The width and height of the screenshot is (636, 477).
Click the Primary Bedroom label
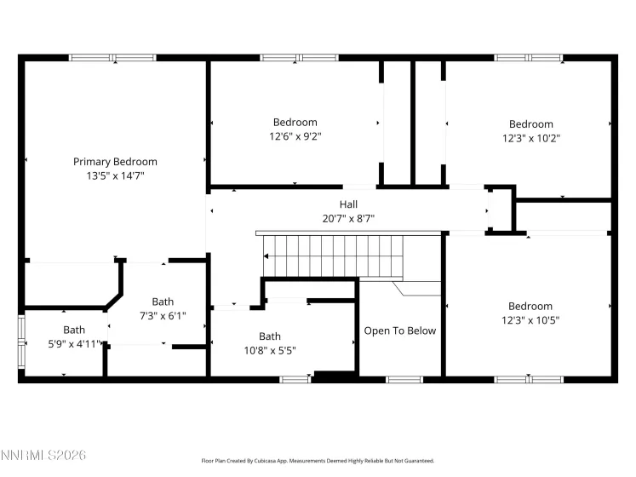(x=115, y=162)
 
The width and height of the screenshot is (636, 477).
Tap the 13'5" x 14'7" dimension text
(x=115, y=176)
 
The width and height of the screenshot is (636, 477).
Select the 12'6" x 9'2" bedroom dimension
(x=295, y=136)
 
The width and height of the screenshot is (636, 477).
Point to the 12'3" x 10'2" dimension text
(x=531, y=138)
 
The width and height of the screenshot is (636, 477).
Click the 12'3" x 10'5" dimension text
(x=530, y=320)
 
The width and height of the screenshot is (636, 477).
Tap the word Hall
(x=348, y=204)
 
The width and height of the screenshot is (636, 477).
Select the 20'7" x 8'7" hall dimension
(x=348, y=219)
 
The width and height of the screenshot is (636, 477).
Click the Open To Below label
(x=399, y=330)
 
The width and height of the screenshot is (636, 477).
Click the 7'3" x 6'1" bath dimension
(x=163, y=315)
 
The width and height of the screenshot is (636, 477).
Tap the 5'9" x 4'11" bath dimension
(x=74, y=343)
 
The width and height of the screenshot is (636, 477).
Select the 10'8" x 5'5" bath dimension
(x=269, y=350)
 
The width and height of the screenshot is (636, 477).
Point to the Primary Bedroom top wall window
(x=112, y=58)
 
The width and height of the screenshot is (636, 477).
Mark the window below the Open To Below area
(x=404, y=379)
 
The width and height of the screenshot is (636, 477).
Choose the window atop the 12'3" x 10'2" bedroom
(x=529, y=58)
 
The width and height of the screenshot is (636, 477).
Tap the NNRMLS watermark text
(x=43, y=457)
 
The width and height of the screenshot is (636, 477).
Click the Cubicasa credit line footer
(x=318, y=460)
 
